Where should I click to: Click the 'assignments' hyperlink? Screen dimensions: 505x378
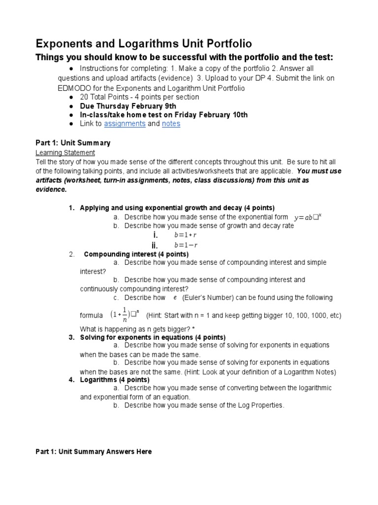coord(125,124)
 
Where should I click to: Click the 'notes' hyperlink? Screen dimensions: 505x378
coord(171,124)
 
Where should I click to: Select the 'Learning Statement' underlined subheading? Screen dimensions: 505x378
coord(65,153)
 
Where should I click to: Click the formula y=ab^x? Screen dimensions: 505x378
coord(308,217)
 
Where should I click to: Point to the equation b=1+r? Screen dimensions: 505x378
coord(185,235)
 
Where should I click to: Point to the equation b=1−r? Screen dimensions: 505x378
coord(185,245)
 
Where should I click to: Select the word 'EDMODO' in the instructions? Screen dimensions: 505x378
coord(74,88)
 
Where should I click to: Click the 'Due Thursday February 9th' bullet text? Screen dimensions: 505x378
coord(128,106)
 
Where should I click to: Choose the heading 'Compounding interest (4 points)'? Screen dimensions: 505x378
coord(136,254)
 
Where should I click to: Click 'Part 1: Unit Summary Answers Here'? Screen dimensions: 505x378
coord(94,451)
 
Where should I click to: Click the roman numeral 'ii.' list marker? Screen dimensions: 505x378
coord(154,245)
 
